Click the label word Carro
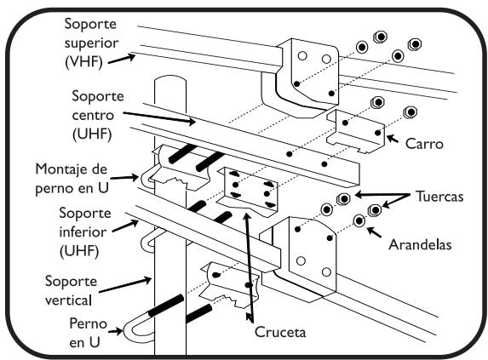pos(424,144)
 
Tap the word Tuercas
pos(439,197)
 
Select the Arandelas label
pos(420,244)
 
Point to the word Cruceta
pos(280,332)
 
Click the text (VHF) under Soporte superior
pos(83,61)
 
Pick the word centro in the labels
pos(93,116)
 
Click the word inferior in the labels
pos(83,232)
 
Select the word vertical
pos(68,300)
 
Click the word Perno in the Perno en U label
pos(88,323)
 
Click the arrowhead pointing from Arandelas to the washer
pos(371,231)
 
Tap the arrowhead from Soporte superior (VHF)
pos(130,57)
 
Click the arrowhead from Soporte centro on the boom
pos(191,122)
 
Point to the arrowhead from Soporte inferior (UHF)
pos(135,223)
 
